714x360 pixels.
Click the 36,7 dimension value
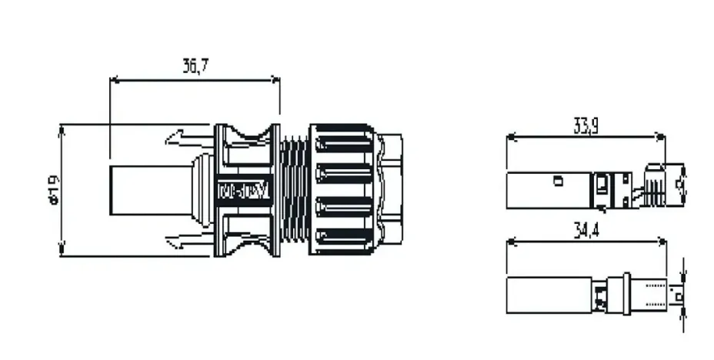195,65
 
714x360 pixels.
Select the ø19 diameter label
52,189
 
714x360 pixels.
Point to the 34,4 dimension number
585,229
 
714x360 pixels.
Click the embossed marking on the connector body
242,189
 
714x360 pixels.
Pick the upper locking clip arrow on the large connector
185,139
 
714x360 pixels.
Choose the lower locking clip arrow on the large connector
185,240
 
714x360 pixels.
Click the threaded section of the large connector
295,189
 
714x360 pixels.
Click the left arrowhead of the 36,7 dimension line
115,78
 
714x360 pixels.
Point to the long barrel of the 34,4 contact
548,295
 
